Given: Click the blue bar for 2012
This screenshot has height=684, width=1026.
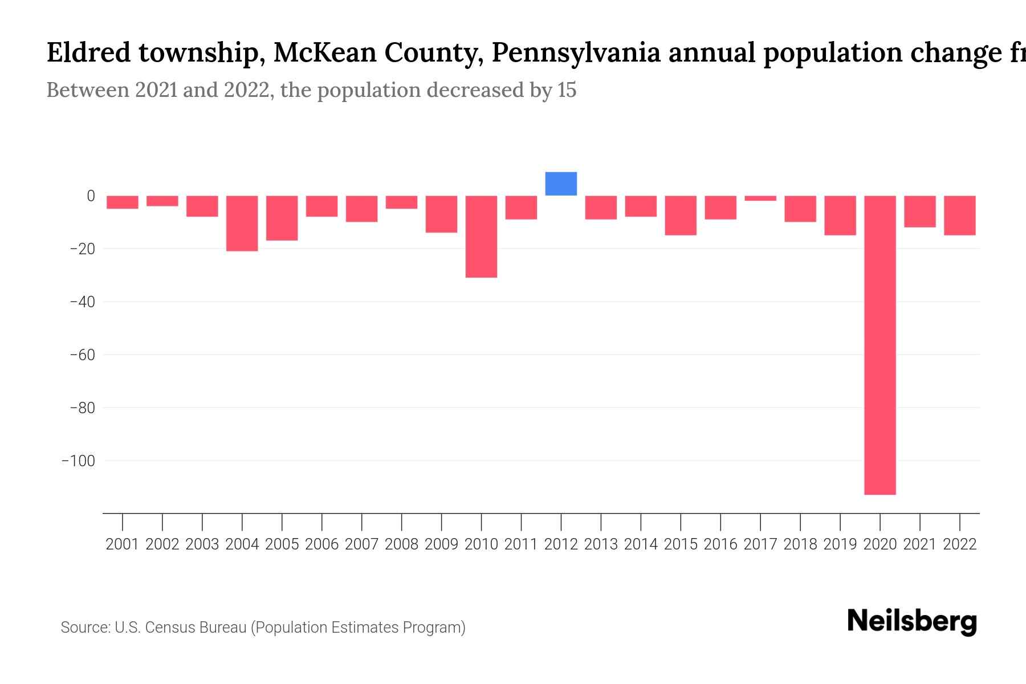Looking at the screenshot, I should click(x=561, y=184).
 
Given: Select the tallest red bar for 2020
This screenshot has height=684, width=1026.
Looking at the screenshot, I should click(x=880, y=345).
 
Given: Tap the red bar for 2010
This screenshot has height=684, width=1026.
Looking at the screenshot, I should click(x=481, y=237).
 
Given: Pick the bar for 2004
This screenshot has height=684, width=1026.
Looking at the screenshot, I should click(x=242, y=223).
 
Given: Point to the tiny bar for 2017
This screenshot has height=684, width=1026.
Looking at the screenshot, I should click(x=760, y=198).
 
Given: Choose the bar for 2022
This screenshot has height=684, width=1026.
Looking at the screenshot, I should click(x=960, y=215).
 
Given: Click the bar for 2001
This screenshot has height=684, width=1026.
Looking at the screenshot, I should click(x=123, y=202).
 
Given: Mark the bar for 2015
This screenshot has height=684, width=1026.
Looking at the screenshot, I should click(x=681, y=215).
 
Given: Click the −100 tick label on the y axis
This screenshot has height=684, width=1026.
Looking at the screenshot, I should click(x=78, y=461).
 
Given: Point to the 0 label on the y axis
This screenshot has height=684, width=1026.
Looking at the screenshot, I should click(x=91, y=196).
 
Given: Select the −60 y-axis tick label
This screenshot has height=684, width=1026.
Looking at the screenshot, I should click(x=82, y=355).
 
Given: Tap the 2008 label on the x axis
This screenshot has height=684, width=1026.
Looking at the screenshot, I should click(x=401, y=544).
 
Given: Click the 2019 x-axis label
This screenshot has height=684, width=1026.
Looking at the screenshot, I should click(x=840, y=544).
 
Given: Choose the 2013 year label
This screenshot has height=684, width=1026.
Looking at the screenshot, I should click(x=601, y=544).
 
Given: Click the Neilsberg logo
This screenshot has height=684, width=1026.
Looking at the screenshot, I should click(x=912, y=621).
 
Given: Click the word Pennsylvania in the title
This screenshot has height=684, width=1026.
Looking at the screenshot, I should click(x=576, y=53).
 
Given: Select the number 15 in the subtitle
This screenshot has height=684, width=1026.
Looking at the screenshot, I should click(x=567, y=90).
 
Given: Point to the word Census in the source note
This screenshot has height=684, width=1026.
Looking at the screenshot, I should click(x=169, y=628).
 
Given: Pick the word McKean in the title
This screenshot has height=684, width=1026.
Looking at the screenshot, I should click(x=324, y=53).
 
